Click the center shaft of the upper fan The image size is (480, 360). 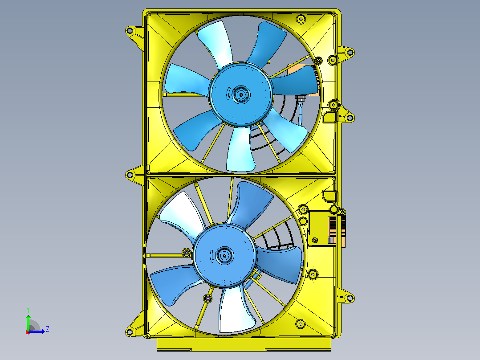[241, 94]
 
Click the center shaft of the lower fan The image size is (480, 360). [225, 255]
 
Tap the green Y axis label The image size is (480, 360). [28, 310]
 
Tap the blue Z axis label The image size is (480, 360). [48, 329]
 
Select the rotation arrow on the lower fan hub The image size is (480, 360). [212, 255]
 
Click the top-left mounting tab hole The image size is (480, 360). [130, 31]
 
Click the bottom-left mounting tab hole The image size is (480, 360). [130, 332]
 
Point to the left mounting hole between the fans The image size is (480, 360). [130, 175]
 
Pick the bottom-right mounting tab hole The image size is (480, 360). [350, 298]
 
